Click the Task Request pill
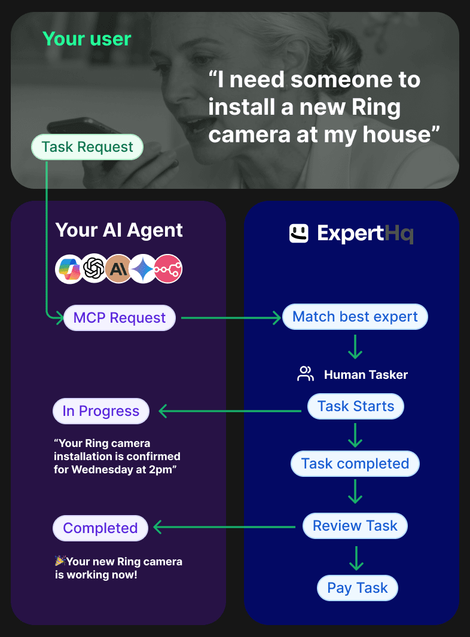tap(87, 148)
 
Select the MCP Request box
tap(120, 318)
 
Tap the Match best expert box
tap(355, 317)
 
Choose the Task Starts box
tap(356, 406)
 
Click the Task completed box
tap(355, 464)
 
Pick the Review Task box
tap(355, 526)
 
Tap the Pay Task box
tap(358, 588)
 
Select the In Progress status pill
tap(100, 411)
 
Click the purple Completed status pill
tap(100, 528)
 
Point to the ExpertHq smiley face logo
tap(298, 234)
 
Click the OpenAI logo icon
tap(94, 269)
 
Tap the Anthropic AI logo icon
tap(118, 269)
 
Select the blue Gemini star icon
tap(143, 269)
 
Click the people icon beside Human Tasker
tap(306, 375)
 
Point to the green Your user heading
tap(87, 39)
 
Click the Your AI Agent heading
tap(119, 230)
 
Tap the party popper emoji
tap(60, 561)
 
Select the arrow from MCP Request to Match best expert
tap(231, 318)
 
